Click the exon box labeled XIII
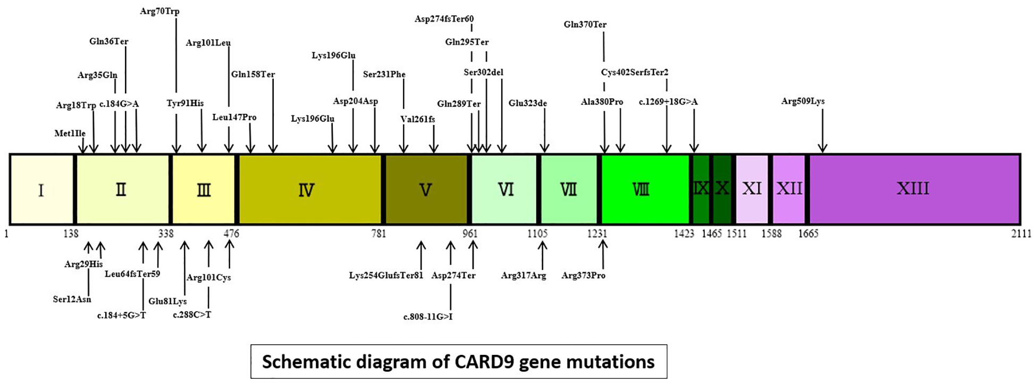pyautogui.click(x=913, y=189)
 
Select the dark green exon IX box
pyautogui.click(x=701, y=189)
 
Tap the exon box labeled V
pyautogui.click(x=425, y=189)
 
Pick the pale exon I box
pyautogui.click(x=41, y=189)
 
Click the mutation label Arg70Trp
pyautogui.click(x=159, y=11)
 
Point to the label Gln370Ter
pyautogui.click(x=585, y=24)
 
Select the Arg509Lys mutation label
pyautogui.click(x=803, y=101)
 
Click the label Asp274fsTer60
pyautogui.click(x=444, y=19)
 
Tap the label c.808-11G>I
pyautogui.click(x=428, y=317)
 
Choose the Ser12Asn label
pyautogui.click(x=72, y=299)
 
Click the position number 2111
pyautogui.click(x=1021, y=234)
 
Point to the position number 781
pyautogui.click(x=378, y=234)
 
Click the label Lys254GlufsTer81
pyautogui.click(x=386, y=276)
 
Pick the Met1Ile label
pyautogui.click(x=70, y=133)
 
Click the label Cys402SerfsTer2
pyautogui.click(x=635, y=72)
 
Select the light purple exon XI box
pyautogui.click(x=752, y=189)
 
